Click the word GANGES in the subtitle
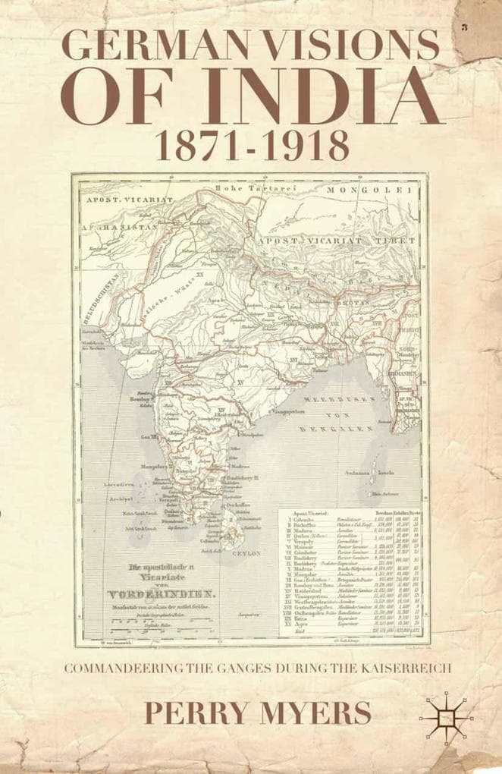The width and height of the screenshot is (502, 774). point(228,669)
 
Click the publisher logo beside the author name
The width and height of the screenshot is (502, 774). point(447,717)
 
